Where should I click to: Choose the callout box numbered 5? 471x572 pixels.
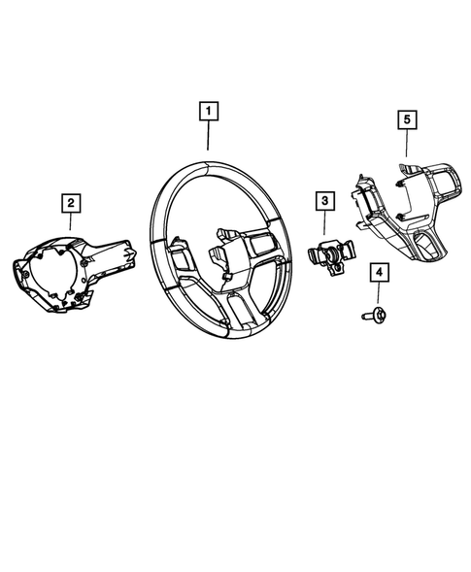tap(408, 118)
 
